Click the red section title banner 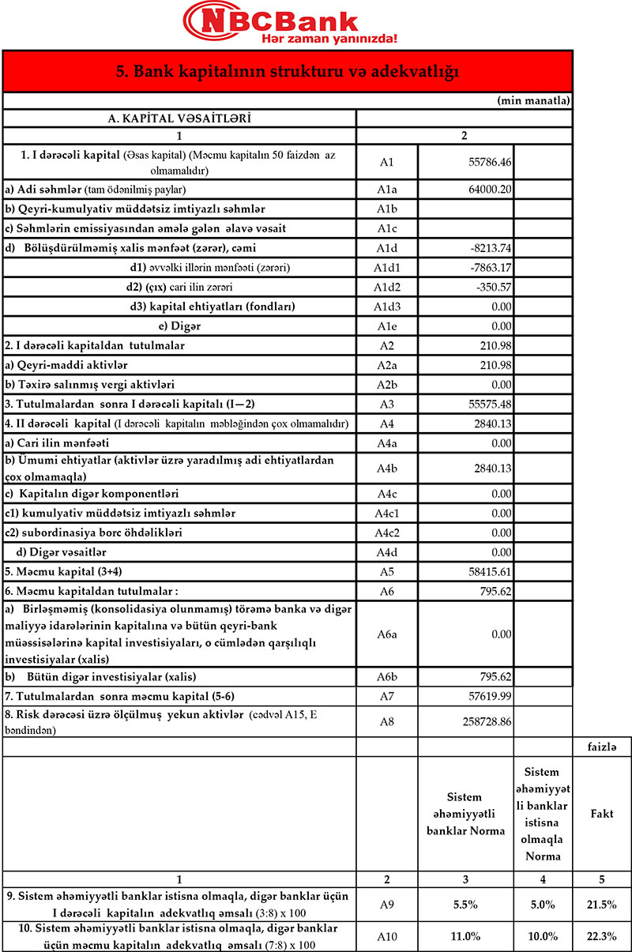coord(288,72)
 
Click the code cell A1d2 coord(386,286)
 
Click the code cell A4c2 coord(386,532)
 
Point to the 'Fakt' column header coord(602,813)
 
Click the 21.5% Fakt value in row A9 coord(602,904)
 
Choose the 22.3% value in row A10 coord(602,936)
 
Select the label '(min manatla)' coord(534,101)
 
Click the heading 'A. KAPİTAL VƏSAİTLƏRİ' coord(179,119)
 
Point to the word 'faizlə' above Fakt coord(602,747)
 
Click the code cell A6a coord(386,634)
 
